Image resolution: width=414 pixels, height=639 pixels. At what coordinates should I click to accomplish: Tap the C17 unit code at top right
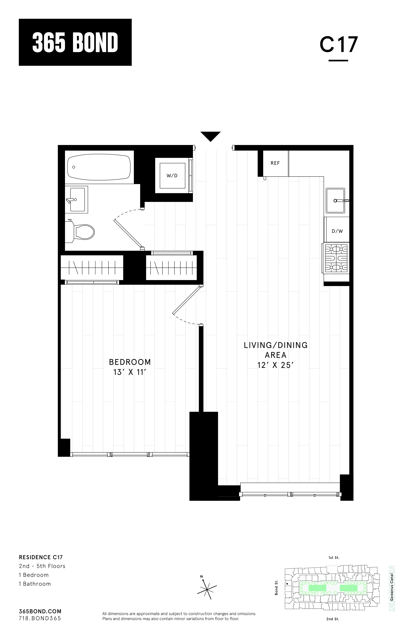click(x=338, y=45)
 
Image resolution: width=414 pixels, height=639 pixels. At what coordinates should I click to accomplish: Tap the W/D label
click(x=172, y=176)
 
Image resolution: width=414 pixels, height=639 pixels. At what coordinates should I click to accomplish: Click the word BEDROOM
click(x=130, y=362)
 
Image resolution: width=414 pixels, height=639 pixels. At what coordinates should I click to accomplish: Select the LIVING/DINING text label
click(x=275, y=345)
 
